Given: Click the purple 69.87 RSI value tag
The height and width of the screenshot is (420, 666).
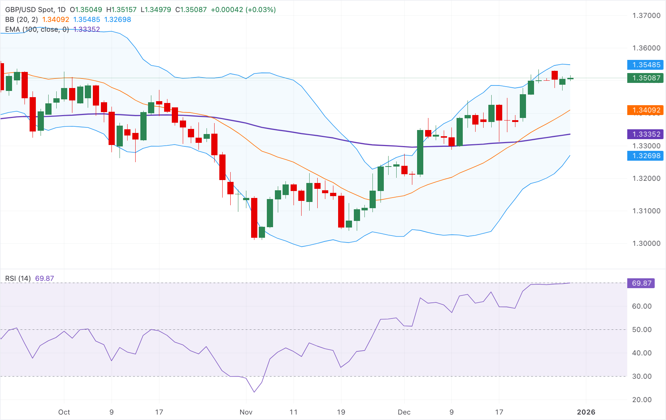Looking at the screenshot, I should click(642, 283).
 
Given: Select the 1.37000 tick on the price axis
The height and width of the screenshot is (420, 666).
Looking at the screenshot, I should click(646, 15).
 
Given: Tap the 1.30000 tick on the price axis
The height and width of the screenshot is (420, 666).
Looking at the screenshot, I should click(646, 243).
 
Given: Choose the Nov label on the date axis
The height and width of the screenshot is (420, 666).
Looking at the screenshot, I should click(246, 412).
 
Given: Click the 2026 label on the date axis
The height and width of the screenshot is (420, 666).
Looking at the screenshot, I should click(586, 412).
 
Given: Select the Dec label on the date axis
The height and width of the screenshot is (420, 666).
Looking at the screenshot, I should click(404, 412).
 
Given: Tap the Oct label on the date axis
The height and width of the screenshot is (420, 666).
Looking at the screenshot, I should click(64, 412).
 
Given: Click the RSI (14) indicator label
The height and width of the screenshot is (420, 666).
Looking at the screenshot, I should click(18, 278).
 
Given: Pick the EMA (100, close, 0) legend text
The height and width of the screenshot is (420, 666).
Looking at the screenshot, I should click(37, 29).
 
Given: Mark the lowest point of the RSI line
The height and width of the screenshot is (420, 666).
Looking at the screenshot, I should click(254, 392).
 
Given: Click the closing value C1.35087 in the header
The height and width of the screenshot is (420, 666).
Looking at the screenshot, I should click(191, 9).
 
